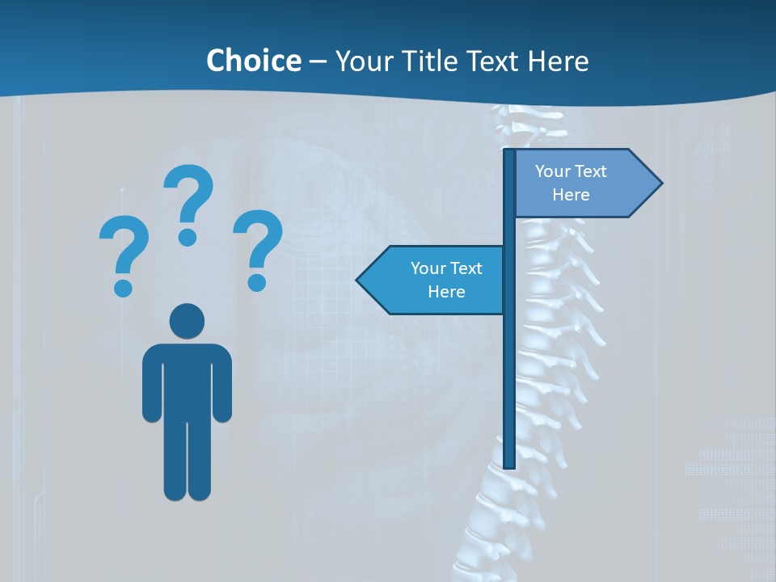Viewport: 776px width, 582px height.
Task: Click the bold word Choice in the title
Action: click(253, 61)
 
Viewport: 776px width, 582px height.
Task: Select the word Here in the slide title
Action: click(558, 61)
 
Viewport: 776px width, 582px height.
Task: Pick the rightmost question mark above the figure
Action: click(257, 242)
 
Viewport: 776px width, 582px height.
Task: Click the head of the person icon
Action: click(188, 322)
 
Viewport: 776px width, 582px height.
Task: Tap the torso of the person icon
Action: click(188, 380)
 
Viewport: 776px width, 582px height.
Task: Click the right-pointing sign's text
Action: click(571, 183)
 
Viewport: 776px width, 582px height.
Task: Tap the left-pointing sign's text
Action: click(446, 280)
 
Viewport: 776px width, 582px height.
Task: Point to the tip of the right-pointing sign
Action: click(660, 183)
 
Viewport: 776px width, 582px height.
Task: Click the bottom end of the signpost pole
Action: click(509, 465)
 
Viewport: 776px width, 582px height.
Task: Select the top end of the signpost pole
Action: click(509, 152)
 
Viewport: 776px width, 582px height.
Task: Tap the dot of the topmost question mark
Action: click(188, 237)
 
